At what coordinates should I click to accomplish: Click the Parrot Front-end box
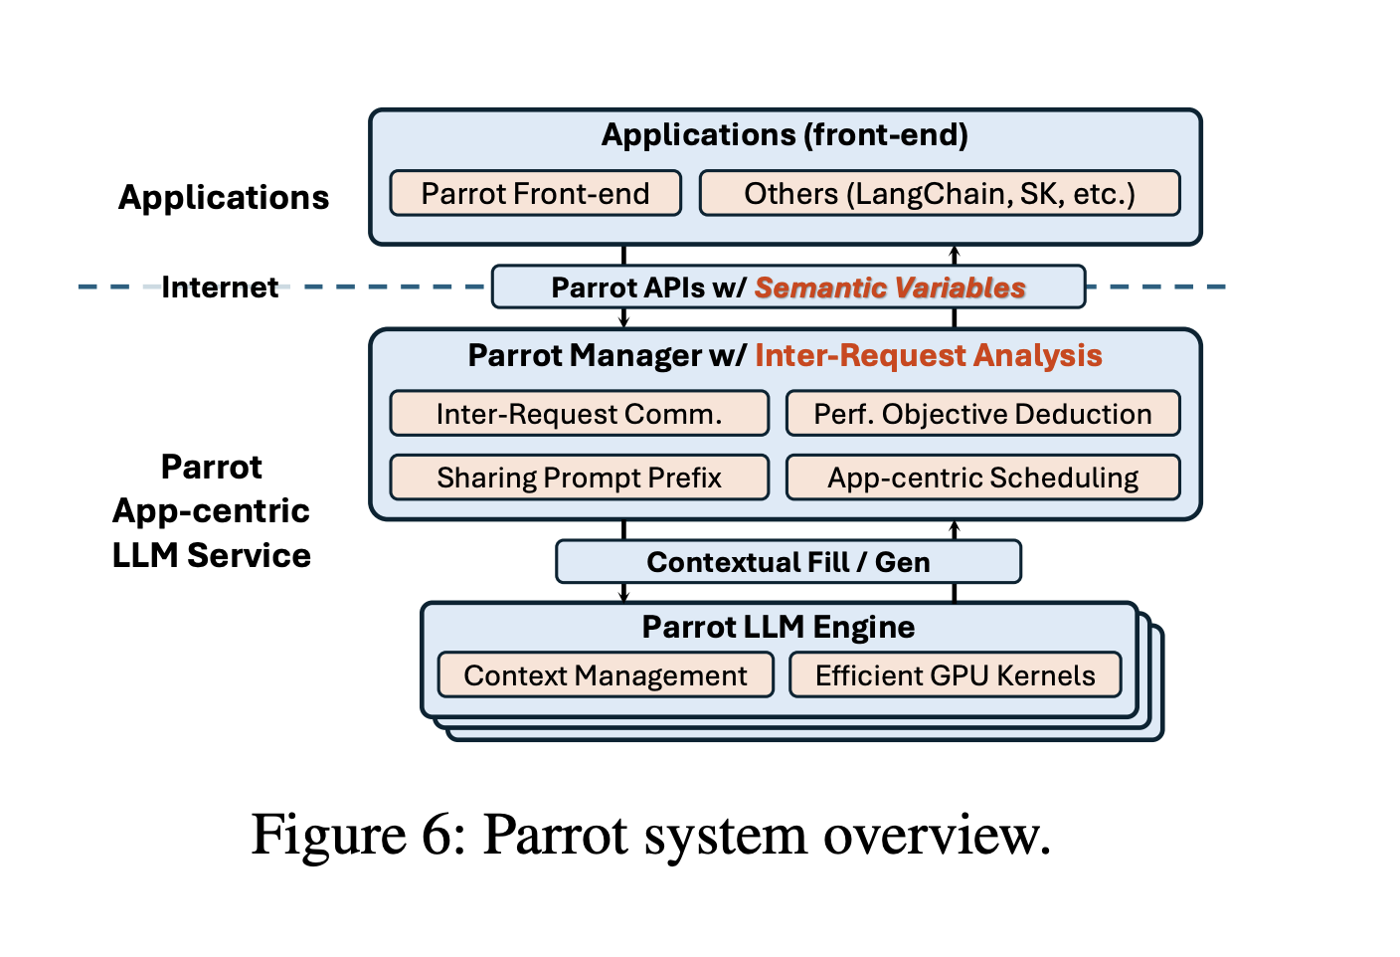click(535, 193)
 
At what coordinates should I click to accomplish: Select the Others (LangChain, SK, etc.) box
click(940, 193)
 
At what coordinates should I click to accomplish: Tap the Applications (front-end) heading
click(785, 135)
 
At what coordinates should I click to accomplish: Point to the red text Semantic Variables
click(890, 287)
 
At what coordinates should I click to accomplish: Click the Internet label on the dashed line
click(220, 287)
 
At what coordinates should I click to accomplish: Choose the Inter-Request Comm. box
click(579, 414)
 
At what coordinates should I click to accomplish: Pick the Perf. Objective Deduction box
click(982, 414)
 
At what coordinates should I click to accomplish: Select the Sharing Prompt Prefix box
click(579, 478)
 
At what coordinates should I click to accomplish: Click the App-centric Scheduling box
click(982, 478)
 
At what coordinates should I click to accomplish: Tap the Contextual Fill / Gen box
click(787, 562)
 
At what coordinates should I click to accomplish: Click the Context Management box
click(605, 675)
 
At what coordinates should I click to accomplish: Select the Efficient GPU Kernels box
click(955, 675)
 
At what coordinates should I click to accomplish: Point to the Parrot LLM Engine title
click(778, 627)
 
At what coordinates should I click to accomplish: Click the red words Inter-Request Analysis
click(928, 355)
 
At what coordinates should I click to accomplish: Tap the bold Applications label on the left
click(224, 197)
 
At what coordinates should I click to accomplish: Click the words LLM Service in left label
click(211, 555)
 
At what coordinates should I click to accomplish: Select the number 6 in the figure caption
click(437, 834)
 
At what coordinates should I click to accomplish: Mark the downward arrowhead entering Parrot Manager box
click(623, 321)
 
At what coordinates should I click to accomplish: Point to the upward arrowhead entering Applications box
click(955, 252)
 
